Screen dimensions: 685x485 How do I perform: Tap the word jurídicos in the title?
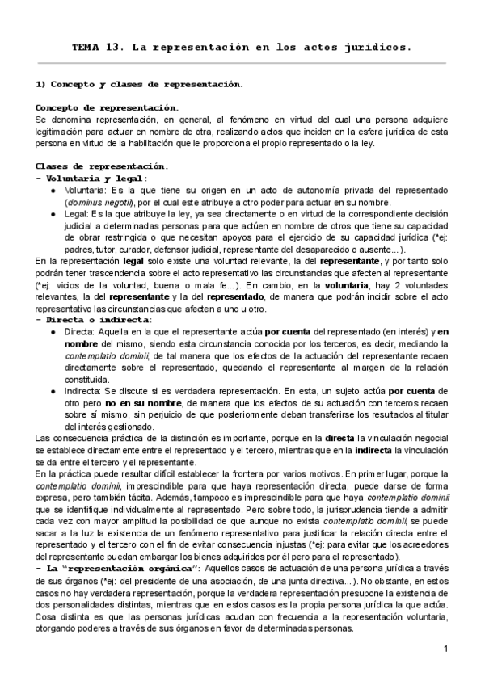click(x=380, y=47)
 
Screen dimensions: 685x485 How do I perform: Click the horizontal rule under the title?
click(x=242, y=63)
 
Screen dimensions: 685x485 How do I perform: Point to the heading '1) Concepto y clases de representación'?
click(x=139, y=84)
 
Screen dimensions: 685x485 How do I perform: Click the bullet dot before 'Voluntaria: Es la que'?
click(x=53, y=190)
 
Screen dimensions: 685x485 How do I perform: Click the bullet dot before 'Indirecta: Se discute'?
click(x=53, y=391)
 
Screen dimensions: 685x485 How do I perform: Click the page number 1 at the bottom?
click(x=445, y=649)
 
